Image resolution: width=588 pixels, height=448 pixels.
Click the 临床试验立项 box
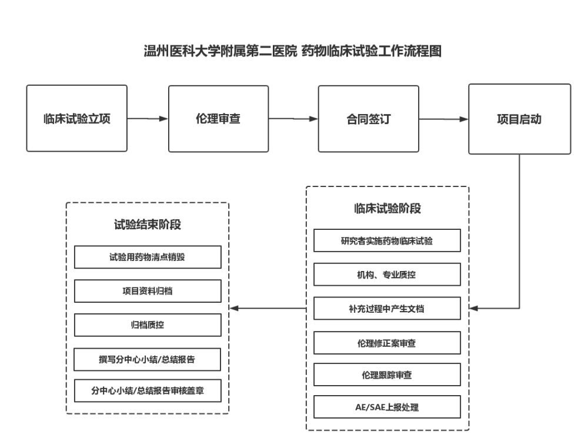point(76,119)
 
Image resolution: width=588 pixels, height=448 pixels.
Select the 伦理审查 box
point(218,119)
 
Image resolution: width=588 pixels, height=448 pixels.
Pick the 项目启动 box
point(519,119)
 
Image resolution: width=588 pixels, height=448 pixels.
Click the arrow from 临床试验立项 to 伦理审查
point(148,119)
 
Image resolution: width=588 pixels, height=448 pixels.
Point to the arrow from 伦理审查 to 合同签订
point(293,119)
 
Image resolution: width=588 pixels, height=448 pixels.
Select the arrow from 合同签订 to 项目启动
point(444,119)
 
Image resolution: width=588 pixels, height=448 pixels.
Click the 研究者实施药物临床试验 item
point(387,240)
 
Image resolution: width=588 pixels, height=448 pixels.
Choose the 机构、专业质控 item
point(387,275)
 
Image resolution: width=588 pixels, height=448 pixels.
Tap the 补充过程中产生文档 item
point(387,308)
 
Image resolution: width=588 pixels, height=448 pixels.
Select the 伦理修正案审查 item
point(387,343)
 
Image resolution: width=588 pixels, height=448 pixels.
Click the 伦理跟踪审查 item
point(387,375)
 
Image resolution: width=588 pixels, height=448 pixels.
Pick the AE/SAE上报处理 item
point(387,407)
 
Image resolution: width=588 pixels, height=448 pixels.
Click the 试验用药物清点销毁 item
point(147,257)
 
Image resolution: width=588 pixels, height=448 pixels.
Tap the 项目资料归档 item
point(147,291)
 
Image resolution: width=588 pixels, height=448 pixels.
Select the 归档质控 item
point(147,325)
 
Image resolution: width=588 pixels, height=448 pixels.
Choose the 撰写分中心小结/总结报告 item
point(147,359)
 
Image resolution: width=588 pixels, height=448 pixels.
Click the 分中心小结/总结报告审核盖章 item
point(147,390)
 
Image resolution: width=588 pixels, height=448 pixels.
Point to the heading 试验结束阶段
point(147,225)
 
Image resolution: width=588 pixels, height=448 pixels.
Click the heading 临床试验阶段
point(387,209)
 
